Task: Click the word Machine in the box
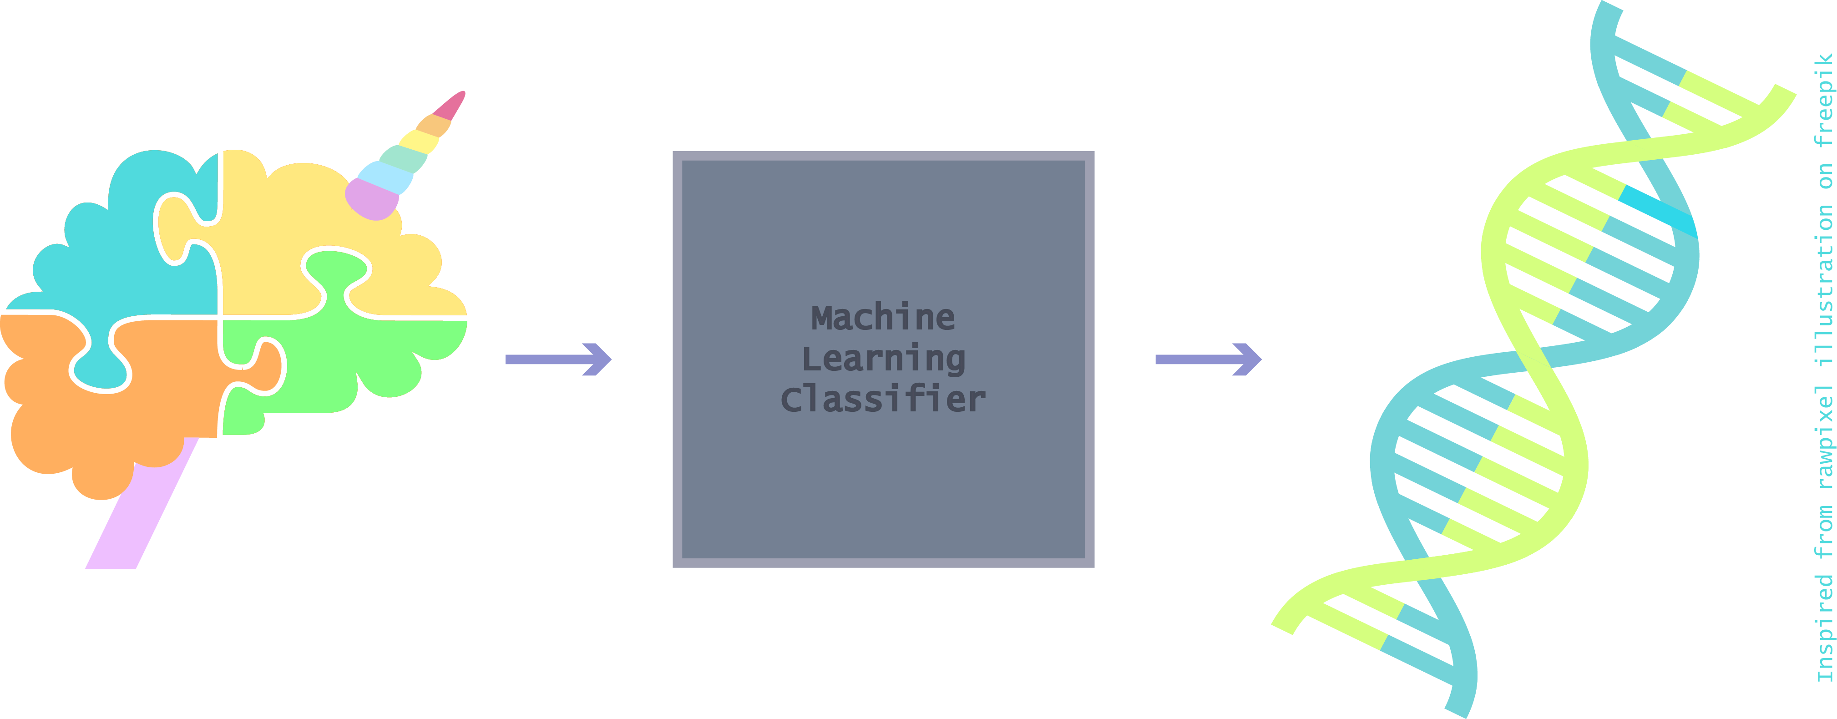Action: [883, 318]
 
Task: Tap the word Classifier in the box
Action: [883, 400]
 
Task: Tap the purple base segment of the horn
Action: [371, 199]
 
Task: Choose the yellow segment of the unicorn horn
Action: [419, 141]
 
